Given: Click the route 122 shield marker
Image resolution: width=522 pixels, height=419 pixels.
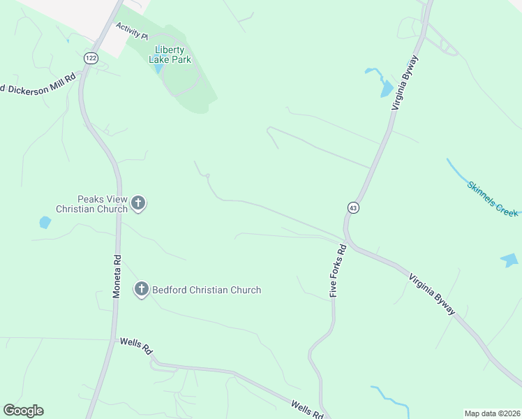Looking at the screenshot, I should click(90, 58).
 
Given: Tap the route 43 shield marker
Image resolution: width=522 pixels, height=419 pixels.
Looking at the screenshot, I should click(353, 208).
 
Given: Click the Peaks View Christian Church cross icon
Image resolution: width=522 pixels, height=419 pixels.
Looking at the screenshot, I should click(138, 203).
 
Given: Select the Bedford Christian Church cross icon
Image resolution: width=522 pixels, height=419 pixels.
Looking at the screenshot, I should click(142, 289).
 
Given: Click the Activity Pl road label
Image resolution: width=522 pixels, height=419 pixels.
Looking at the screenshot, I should click(133, 31).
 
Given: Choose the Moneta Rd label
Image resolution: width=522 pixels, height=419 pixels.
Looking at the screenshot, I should click(117, 277).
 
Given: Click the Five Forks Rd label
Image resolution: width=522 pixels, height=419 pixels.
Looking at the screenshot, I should click(338, 272).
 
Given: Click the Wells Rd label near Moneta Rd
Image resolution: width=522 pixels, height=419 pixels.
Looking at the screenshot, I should click(136, 346).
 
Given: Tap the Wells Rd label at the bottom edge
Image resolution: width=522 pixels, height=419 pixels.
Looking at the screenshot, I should click(307, 410).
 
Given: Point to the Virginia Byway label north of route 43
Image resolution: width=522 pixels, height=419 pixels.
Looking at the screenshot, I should click(405, 82).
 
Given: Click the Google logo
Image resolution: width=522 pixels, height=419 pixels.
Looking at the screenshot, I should click(23, 411).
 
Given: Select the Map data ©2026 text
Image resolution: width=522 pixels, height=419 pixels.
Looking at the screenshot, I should click(492, 413).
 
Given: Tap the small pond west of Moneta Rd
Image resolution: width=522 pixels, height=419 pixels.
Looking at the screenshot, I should click(45, 223).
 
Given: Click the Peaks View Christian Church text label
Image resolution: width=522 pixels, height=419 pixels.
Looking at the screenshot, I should click(92, 203).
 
